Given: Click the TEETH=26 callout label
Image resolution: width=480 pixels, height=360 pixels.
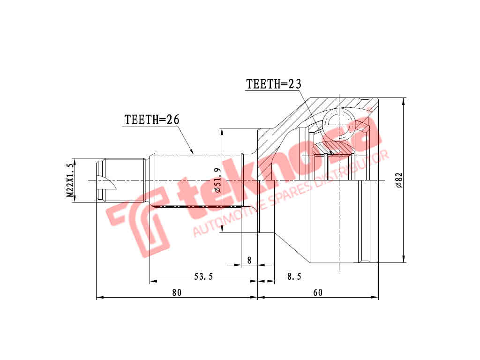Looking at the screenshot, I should pyautogui.click(x=152, y=120).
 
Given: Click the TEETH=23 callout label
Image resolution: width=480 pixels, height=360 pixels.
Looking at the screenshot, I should pyautogui.click(x=274, y=84).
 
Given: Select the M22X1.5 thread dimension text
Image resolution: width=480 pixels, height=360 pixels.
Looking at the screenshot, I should pyautogui.click(x=70, y=180).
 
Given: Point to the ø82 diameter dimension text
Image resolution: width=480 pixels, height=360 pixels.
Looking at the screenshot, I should pyautogui.click(x=399, y=180).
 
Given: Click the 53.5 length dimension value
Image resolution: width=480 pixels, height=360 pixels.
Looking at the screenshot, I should pyautogui.click(x=203, y=277).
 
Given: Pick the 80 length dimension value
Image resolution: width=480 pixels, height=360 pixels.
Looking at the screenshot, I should pyautogui.click(x=176, y=292).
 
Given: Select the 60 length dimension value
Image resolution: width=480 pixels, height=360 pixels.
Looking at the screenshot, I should pyautogui.click(x=318, y=292).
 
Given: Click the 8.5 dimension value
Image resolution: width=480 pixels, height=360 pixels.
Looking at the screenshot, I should pyautogui.click(x=294, y=277).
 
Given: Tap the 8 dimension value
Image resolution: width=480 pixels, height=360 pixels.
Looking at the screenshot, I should pyautogui.click(x=249, y=260).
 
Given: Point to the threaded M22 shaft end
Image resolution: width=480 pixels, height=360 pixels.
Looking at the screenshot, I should pyautogui.click(x=120, y=180).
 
